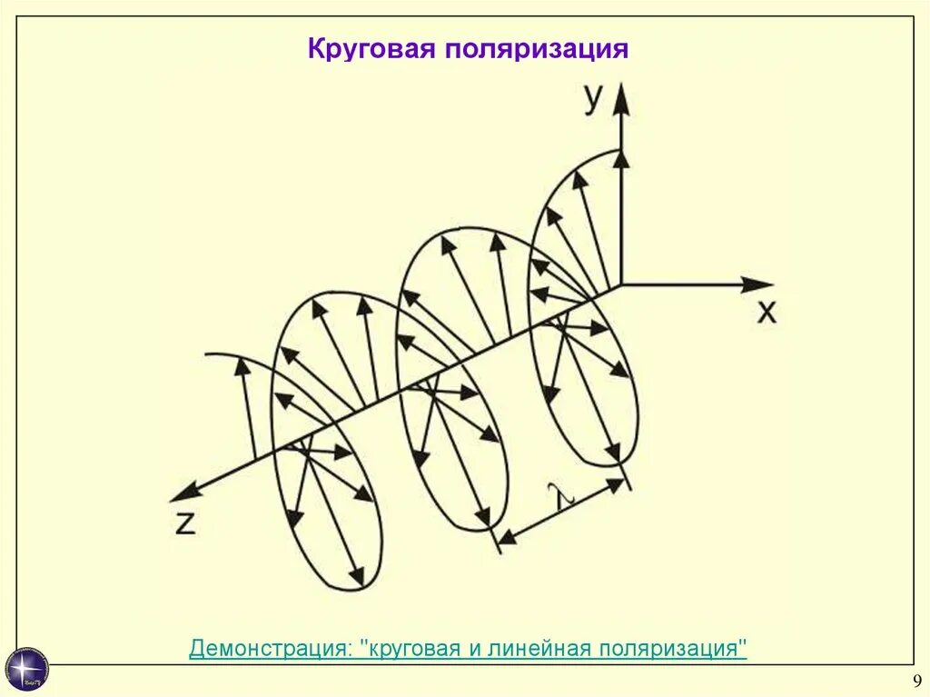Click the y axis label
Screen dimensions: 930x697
point(592,99)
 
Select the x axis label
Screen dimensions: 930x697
point(767,313)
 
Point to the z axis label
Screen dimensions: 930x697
point(185,523)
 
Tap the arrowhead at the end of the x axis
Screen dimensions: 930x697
point(759,284)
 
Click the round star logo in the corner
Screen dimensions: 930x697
point(27,669)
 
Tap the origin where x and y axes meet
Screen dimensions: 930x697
point(621,284)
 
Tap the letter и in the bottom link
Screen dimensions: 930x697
point(474,650)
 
